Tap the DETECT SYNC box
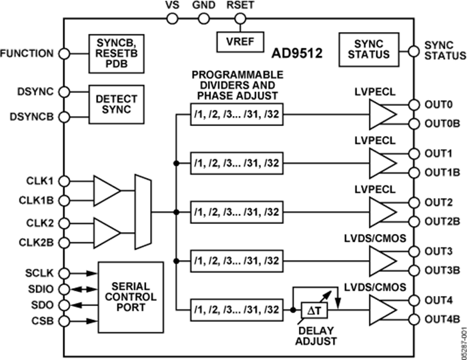(117, 103)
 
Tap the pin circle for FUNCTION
(64, 53)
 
